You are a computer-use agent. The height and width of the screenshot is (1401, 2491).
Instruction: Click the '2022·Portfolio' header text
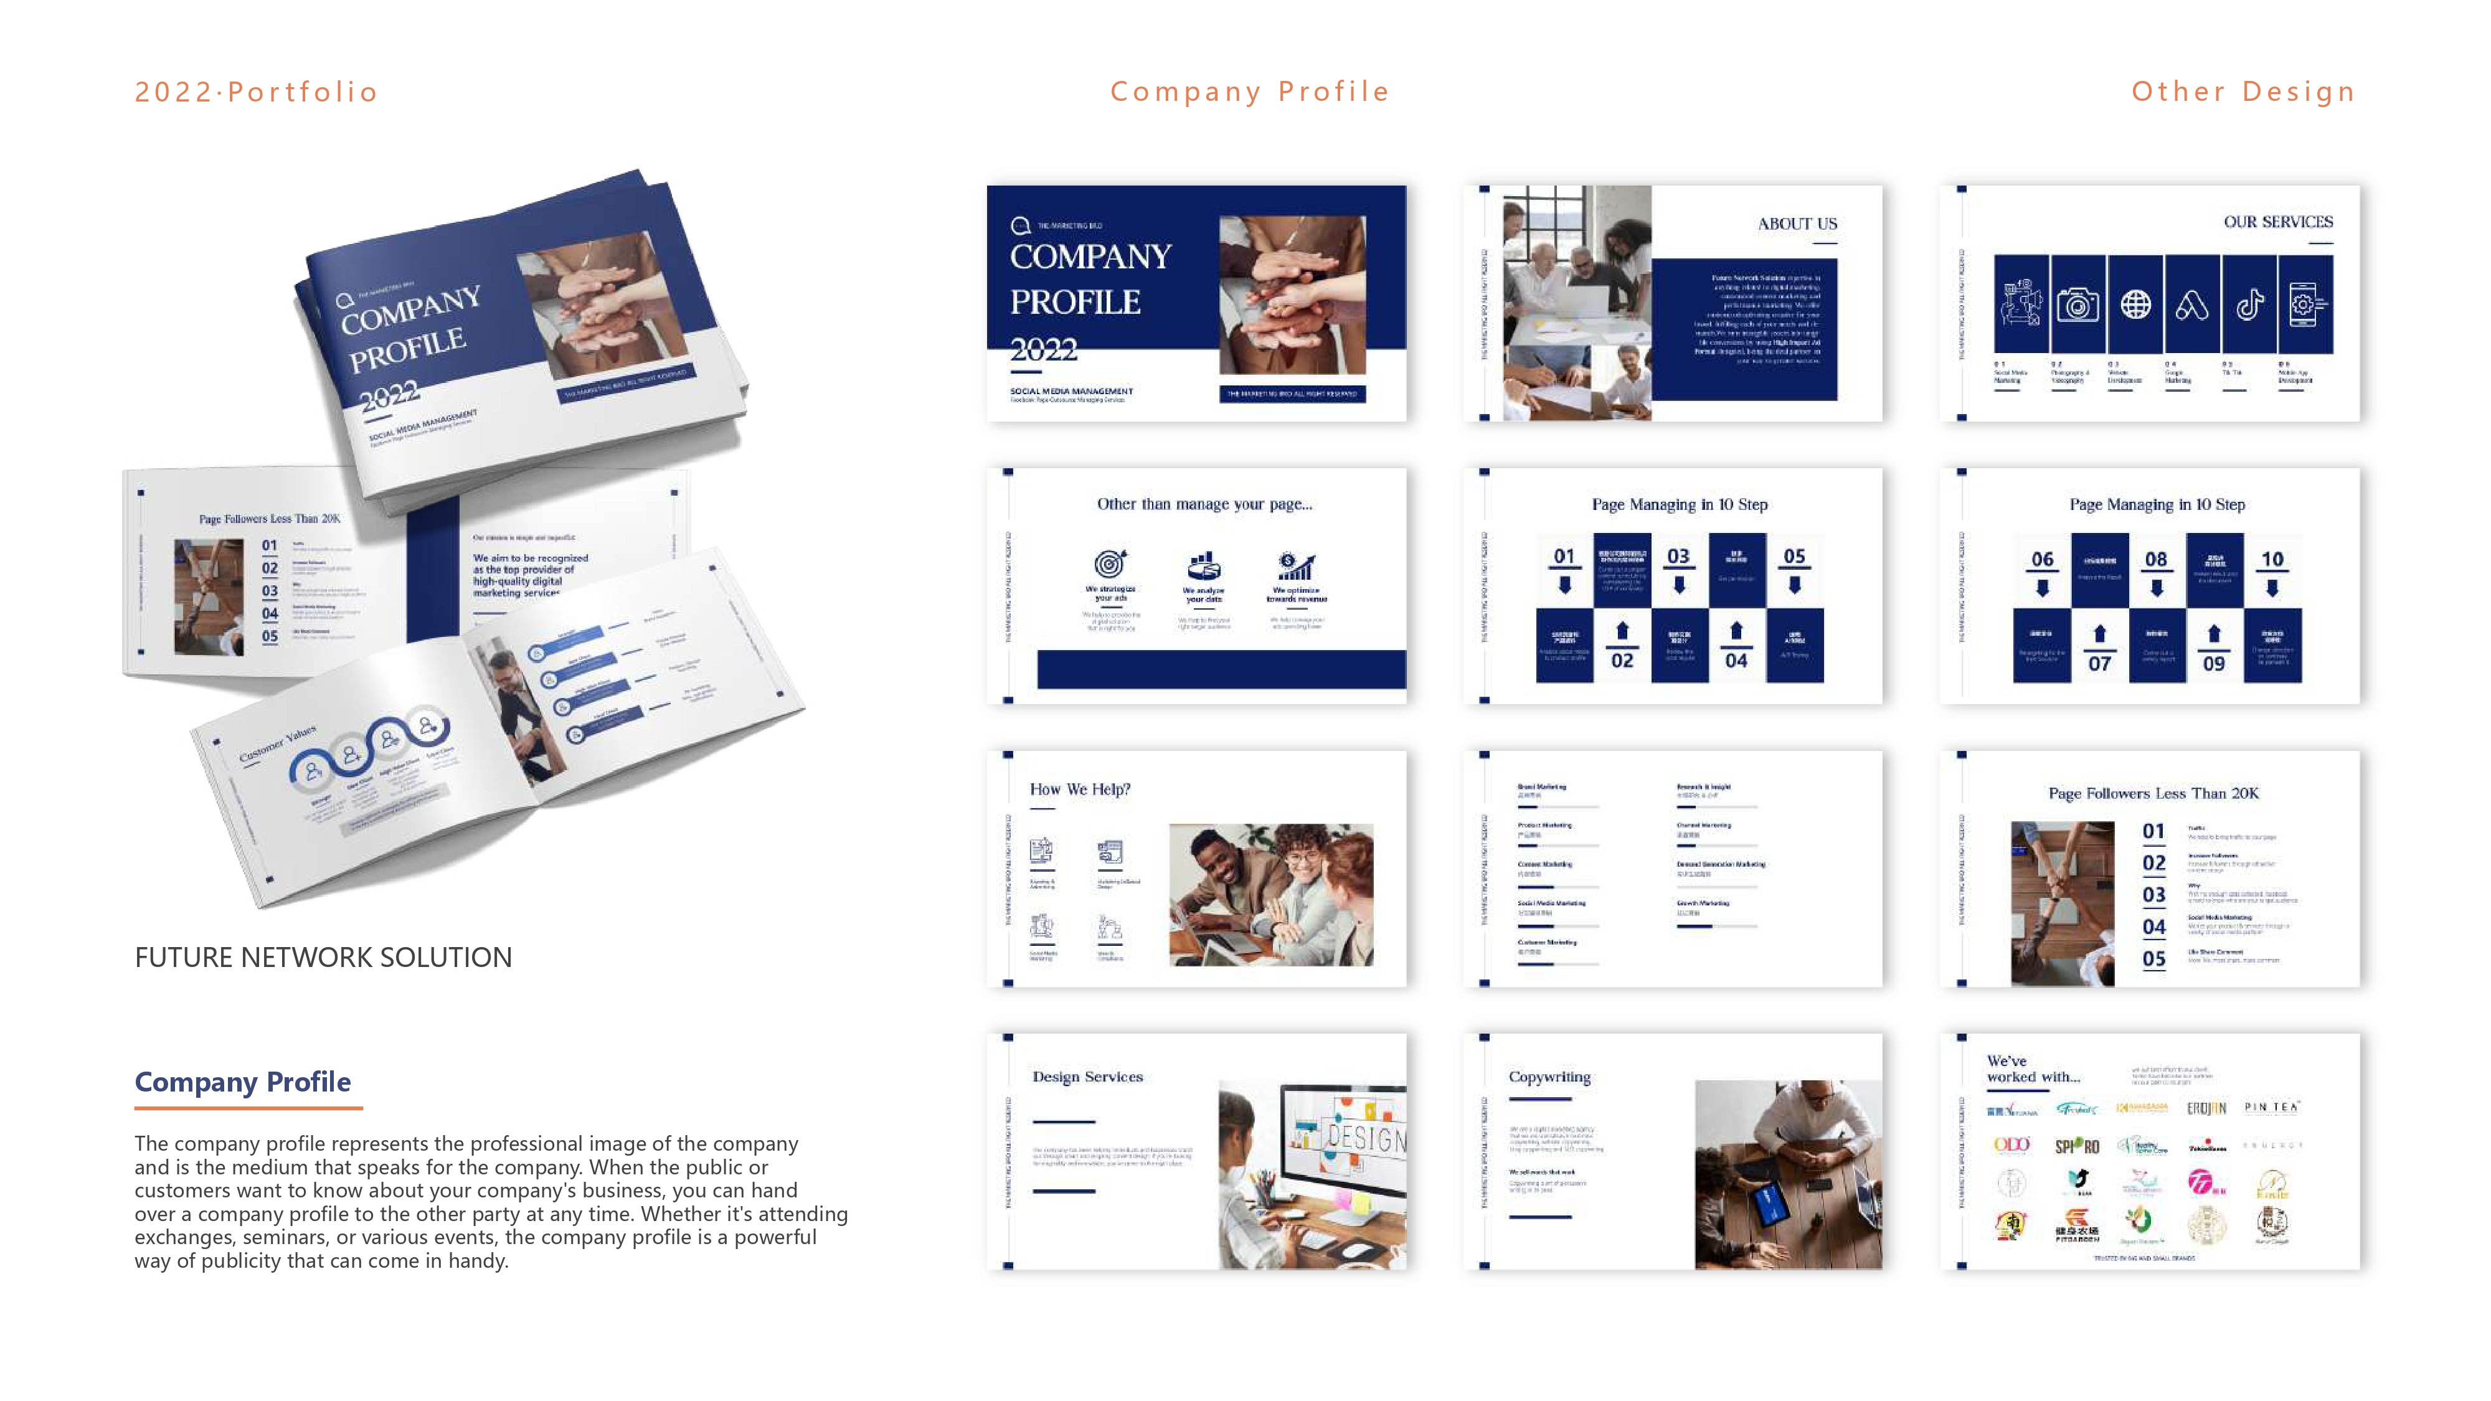pos(256,92)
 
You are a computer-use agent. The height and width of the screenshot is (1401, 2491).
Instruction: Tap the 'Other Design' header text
pos(2243,92)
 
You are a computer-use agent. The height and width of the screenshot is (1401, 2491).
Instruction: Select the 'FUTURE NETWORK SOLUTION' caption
pos(323,957)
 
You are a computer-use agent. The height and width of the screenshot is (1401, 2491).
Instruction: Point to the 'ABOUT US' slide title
pos(1797,224)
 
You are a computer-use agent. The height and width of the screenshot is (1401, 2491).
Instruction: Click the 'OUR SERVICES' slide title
pos(2277,222)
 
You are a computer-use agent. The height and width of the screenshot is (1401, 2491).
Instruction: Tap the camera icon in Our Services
pos(2077,304)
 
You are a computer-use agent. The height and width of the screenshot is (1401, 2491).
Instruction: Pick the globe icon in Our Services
pos(2135,304)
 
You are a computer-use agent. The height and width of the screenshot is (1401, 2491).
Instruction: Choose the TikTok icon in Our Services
pos(2249,304)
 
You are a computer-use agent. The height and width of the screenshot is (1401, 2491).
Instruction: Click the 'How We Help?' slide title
pos(1079,789)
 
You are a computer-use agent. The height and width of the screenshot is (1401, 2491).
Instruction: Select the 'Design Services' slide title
pos(1087,1076)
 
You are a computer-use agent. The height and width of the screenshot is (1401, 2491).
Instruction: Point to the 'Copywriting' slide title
pos(1549,1076)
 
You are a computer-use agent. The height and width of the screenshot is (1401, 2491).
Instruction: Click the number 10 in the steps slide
pos(2272,559)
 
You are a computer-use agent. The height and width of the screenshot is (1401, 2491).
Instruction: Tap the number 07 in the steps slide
pos(2099,663)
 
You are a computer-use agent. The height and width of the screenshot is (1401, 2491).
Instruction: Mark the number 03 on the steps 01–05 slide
pos(1678,556)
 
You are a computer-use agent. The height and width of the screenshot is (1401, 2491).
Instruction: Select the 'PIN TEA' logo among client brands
pos(2271,1107)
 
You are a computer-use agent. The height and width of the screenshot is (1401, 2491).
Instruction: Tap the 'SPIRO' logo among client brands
pos(2076,1146)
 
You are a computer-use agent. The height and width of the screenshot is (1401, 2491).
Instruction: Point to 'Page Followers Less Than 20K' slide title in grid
pos(2153,793)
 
